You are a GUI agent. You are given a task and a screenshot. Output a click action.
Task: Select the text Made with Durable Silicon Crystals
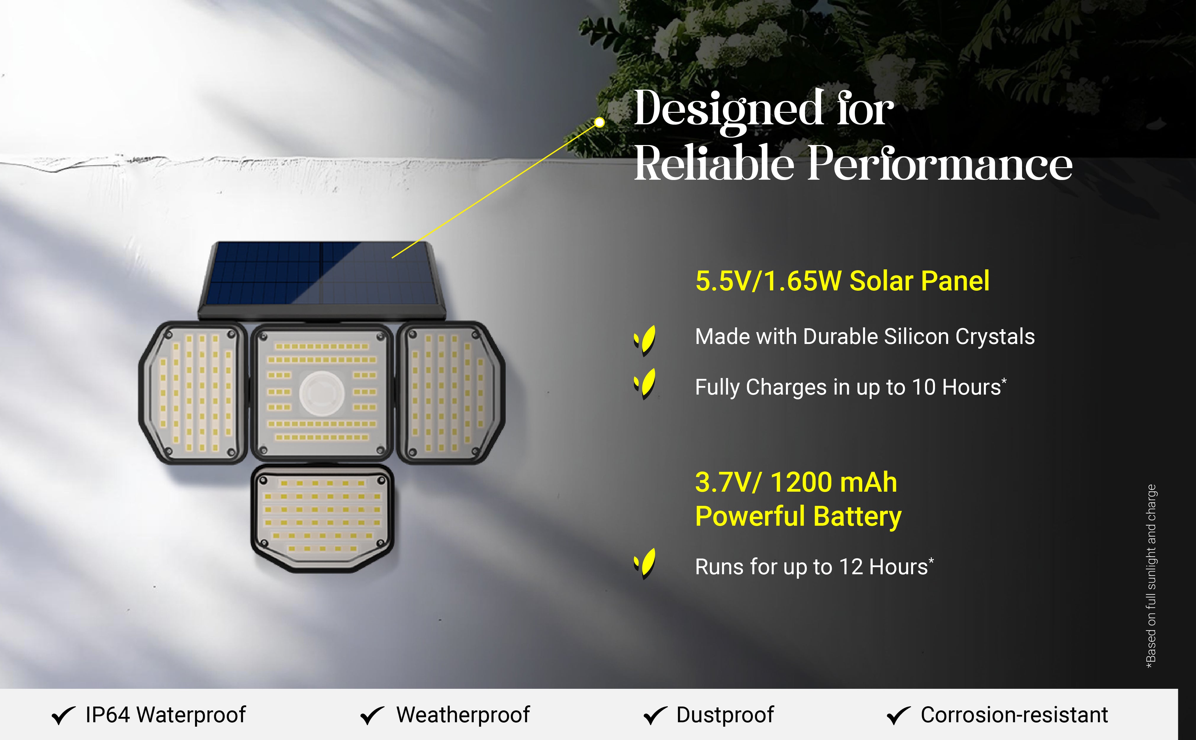[x=865, y=337]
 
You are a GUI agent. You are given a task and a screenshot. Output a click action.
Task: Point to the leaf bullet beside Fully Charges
[x=645, y=384]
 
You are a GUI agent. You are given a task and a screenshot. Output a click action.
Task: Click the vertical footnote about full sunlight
[x=1152, y=576]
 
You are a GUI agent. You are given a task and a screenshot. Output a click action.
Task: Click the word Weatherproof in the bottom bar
[x=463, y=715]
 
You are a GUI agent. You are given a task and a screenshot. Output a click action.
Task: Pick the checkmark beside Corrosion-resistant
[x=899, y=715]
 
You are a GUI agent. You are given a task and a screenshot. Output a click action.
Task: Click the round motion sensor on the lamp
[x=322, y=393]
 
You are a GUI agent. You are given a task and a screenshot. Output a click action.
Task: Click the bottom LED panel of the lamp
[x=322, y=519]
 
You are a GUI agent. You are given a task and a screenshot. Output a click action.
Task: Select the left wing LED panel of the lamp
[x=193, y=392]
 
